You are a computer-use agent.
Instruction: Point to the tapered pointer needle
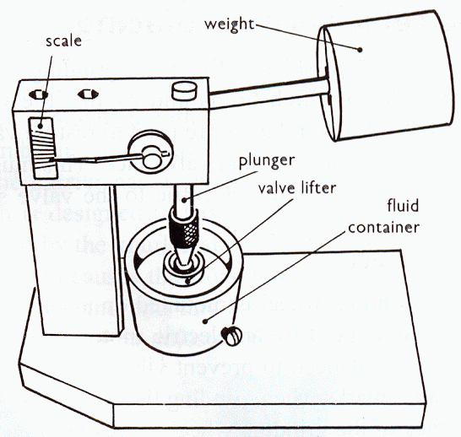93,159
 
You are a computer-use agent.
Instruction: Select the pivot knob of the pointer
152,157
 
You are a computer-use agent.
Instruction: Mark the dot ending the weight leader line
361,50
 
